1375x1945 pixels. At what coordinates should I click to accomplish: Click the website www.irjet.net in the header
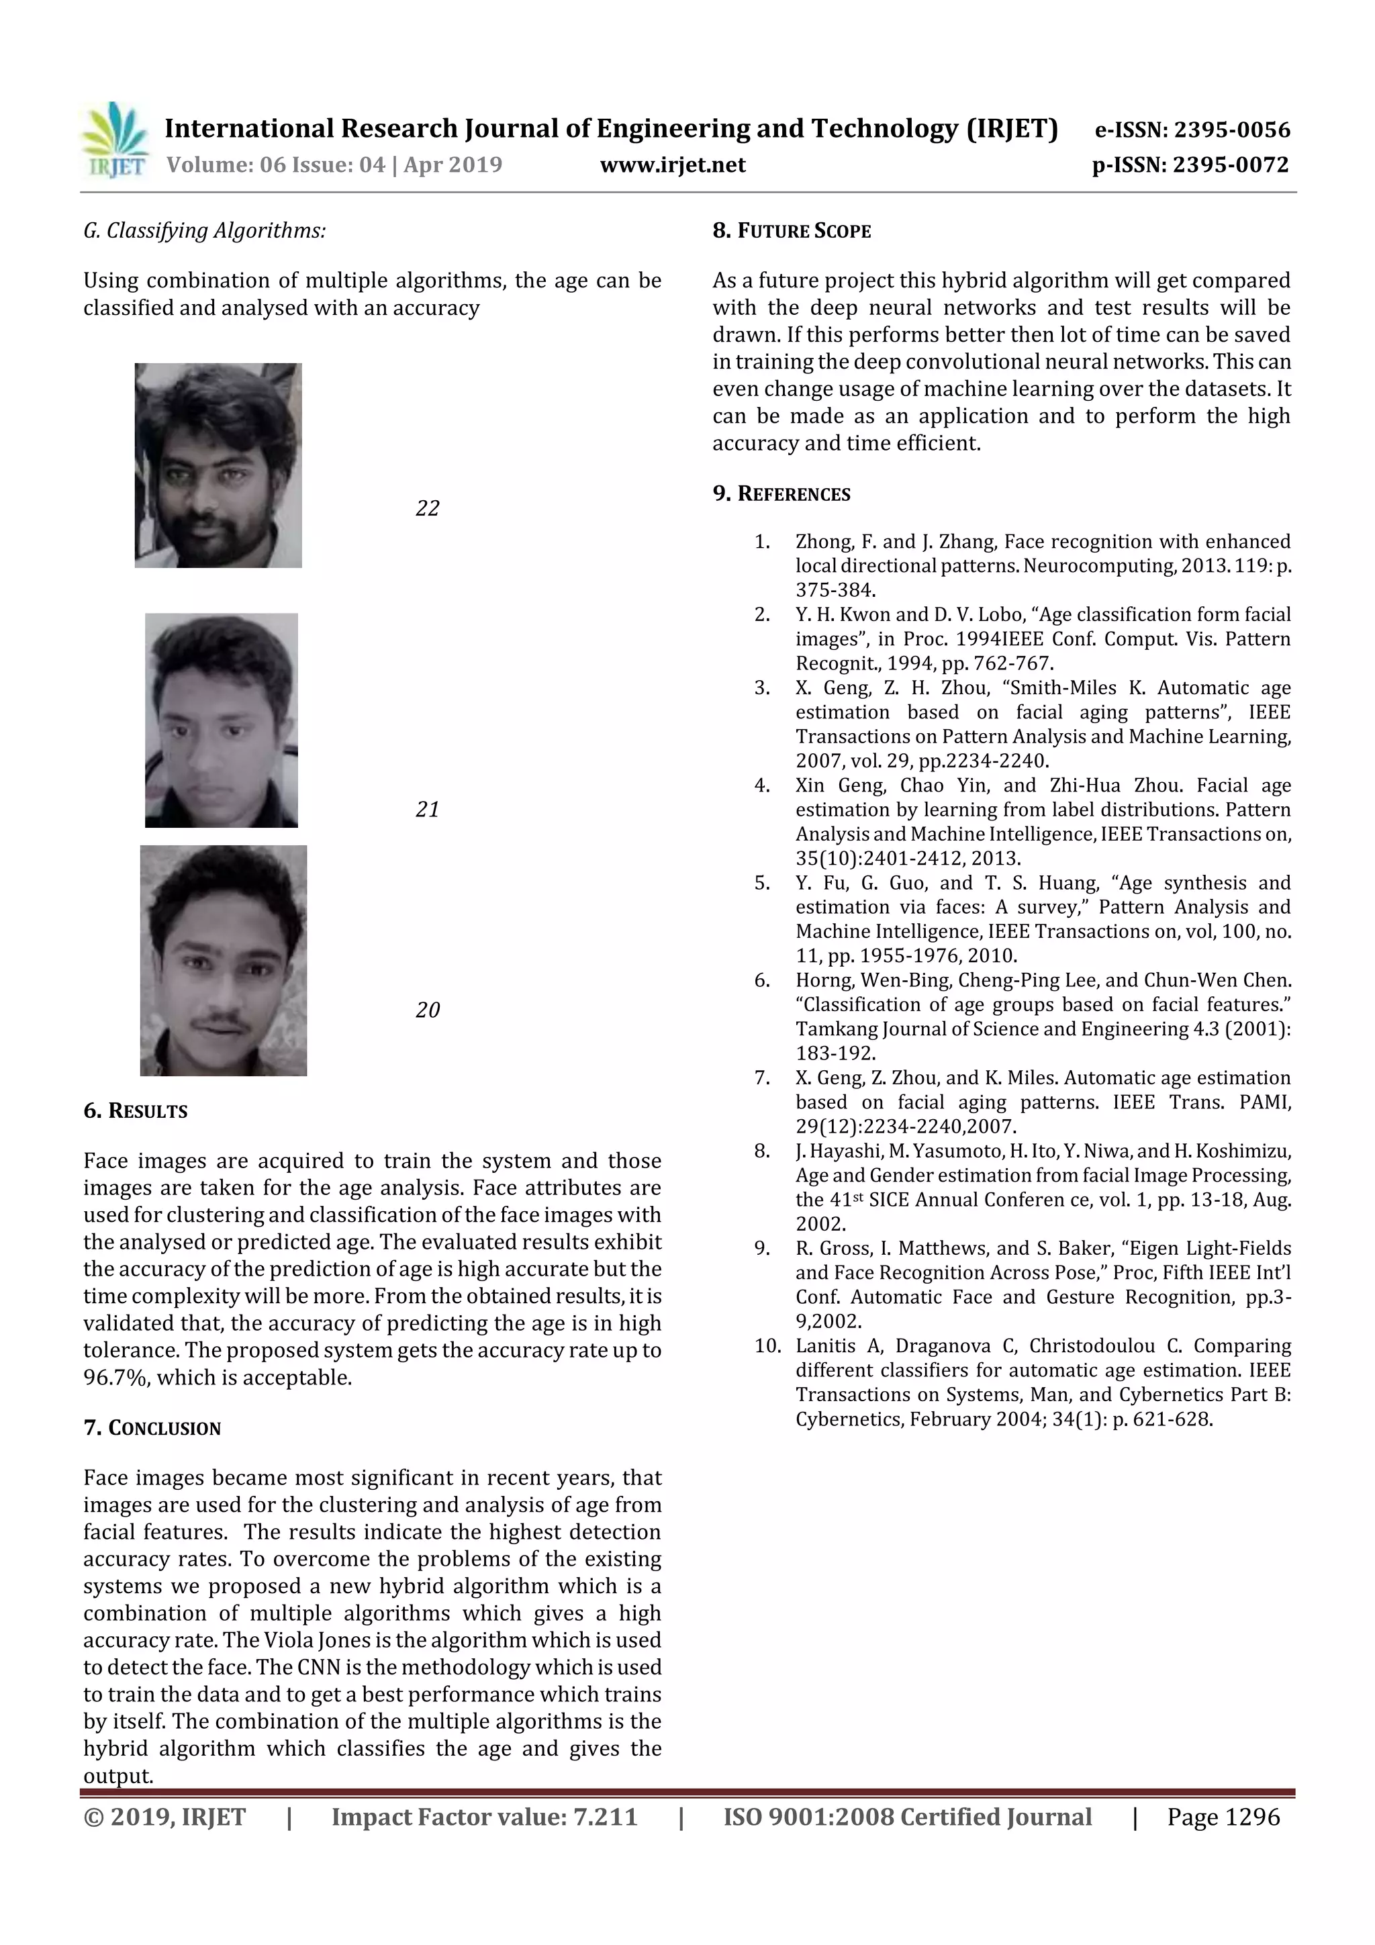(673, 165)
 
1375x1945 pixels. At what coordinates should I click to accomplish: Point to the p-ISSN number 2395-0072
(1231, 165)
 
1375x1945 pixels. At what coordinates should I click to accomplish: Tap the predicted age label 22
(427, 508)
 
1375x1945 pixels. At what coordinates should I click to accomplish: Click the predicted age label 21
(427, 810)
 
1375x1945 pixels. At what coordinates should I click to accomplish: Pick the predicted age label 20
(427, 1010)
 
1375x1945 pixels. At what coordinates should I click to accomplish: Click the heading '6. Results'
(136, 1111)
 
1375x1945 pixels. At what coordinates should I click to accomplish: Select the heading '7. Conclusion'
(152, 1428)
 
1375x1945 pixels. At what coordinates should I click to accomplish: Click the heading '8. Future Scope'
(792, 231)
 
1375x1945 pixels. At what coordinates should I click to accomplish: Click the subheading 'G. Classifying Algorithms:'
(204, 231)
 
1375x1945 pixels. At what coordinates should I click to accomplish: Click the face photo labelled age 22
(218, 465)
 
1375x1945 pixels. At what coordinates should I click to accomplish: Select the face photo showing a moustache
(223, 960)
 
